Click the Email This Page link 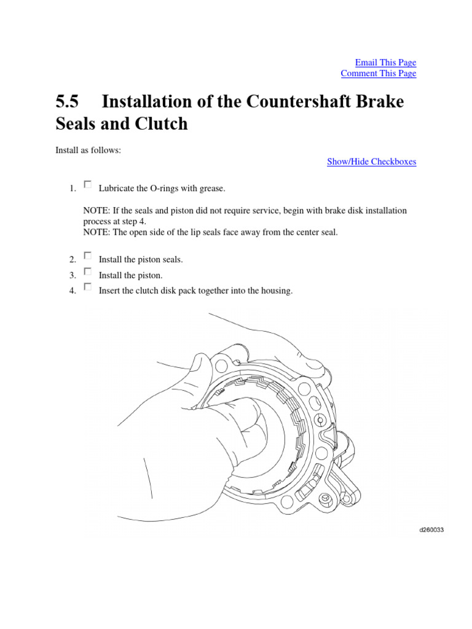coord(385,63)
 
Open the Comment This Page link coord(378,74)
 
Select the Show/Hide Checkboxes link coord(371,162)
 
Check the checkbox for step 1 coord(87,184)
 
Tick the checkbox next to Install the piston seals coord(87,255)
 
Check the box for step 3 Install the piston coord(87,271)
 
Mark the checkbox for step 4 coord(87,286)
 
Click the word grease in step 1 coord(213,188)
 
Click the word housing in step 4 coord(277,291)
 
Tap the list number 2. coord(73,260)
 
